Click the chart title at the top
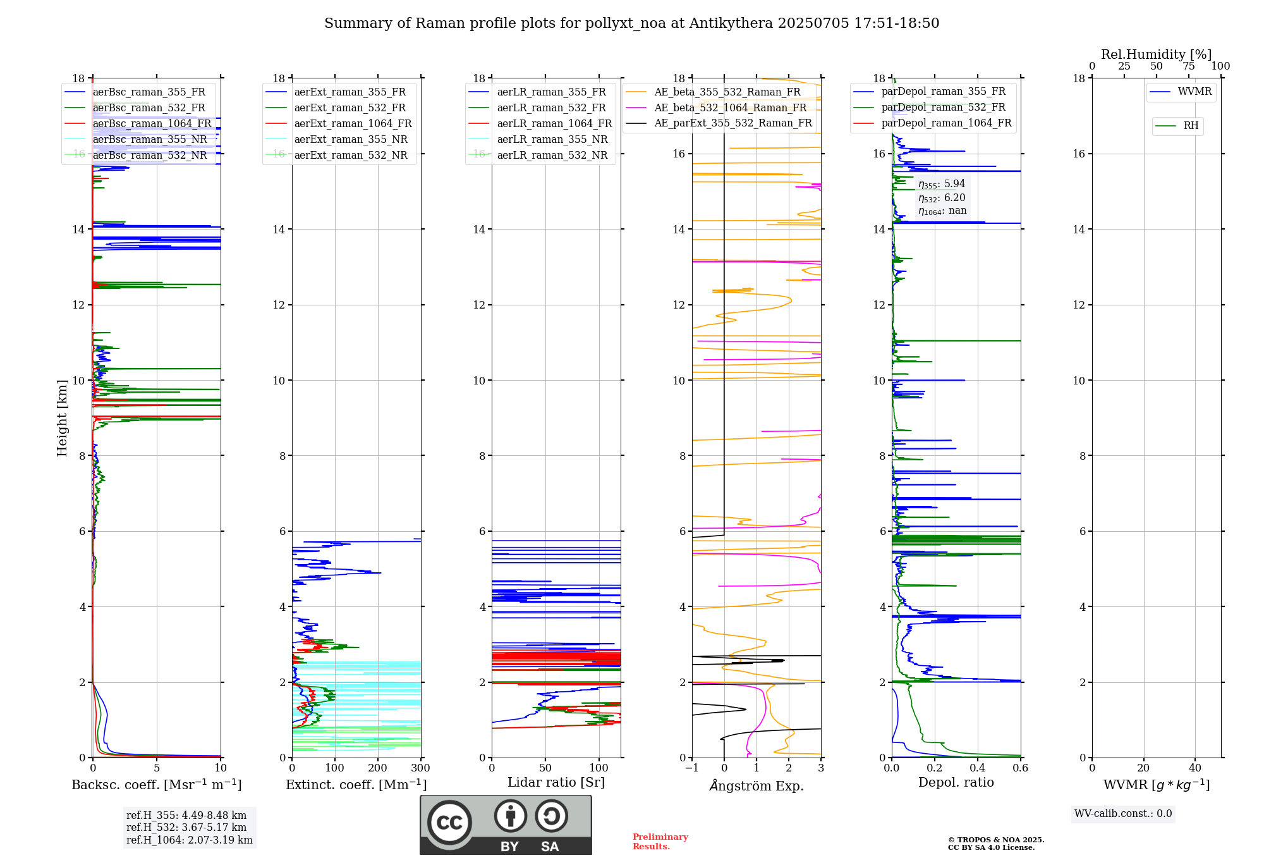[631, 23]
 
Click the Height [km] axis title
[62, 417]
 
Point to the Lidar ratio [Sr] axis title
[556, 783]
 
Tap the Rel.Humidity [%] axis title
[1156, 54]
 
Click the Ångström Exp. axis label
[757, 786]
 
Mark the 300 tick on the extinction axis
[420, 768]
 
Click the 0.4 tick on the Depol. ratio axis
[978, 768]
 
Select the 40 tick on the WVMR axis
[1195, 768]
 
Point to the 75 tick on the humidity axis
[1189, 66]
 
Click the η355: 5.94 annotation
[942, 184]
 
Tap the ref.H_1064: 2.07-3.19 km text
[189, 840]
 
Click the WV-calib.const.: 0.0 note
[1123, 814]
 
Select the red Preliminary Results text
[660, 842]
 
